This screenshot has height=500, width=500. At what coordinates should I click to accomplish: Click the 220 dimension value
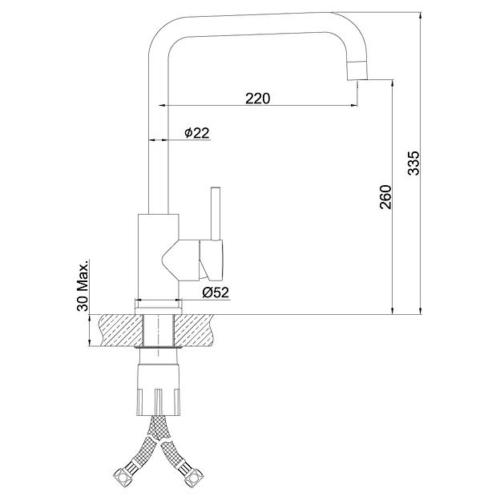257,99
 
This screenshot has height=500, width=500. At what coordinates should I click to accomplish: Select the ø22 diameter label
197,133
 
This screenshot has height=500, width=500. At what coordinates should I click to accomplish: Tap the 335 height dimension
414,163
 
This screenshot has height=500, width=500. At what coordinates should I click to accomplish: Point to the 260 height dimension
385,197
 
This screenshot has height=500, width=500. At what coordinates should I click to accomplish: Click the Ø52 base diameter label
216,292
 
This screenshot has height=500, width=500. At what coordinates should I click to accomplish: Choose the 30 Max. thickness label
83,288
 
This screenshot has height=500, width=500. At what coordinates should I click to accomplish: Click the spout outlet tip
357,79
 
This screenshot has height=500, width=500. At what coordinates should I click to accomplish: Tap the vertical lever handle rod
216,213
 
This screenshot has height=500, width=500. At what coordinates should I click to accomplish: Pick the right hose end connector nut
194,478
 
